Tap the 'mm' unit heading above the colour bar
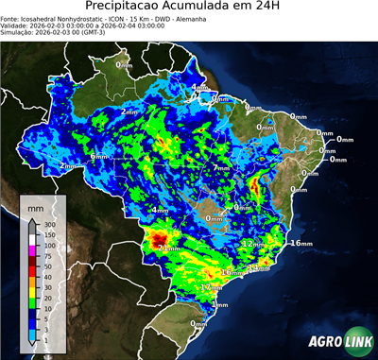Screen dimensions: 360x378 (35, 205)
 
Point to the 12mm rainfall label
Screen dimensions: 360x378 (251, 243)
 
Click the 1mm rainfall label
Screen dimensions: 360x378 (219, 304)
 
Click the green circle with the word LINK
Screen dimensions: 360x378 (359, 342)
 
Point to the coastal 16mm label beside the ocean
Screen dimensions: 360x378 (301, 243)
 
